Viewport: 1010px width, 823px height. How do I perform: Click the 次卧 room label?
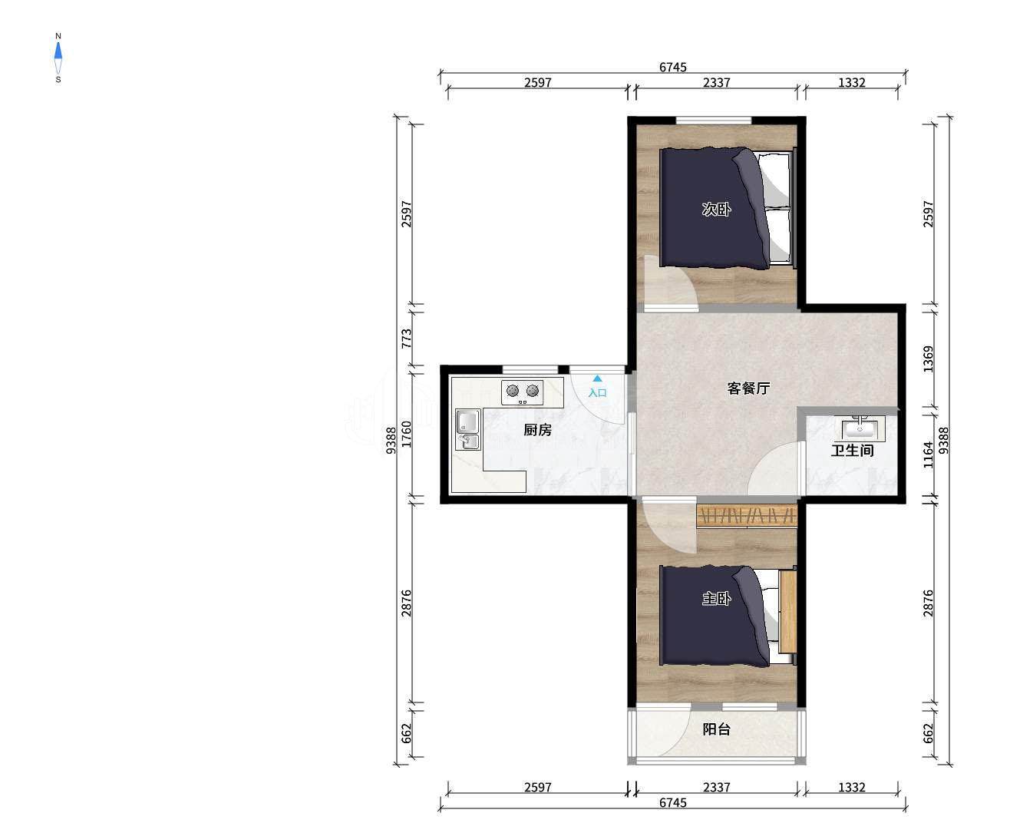[716, 209]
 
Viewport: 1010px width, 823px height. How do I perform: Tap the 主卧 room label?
[716, 599]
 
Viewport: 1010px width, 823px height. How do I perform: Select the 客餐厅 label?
[748, 388]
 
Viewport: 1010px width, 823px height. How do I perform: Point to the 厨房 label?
[538, 430]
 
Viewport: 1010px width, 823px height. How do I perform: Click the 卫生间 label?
[852, 450]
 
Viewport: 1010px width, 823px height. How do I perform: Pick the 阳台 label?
[716, 729]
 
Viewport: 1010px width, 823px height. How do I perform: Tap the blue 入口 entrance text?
[597, 393]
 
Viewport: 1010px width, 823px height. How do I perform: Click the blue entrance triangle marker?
[597, 378]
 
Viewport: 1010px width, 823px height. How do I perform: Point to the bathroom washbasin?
[860, 428]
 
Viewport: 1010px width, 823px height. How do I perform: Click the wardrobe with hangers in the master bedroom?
[746, 516]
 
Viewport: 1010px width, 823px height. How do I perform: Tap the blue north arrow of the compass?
[58, 51]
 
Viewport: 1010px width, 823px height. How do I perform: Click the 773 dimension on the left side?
[407, 339]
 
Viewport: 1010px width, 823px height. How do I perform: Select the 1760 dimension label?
[407, 434]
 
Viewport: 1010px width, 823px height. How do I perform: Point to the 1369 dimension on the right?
[928, 359]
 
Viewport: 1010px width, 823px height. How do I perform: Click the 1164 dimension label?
[928, 455]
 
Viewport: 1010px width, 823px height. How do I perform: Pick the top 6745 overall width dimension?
[673, 67]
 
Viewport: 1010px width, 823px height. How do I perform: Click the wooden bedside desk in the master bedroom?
[787, 611]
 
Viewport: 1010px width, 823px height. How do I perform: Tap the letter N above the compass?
[58, 36]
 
